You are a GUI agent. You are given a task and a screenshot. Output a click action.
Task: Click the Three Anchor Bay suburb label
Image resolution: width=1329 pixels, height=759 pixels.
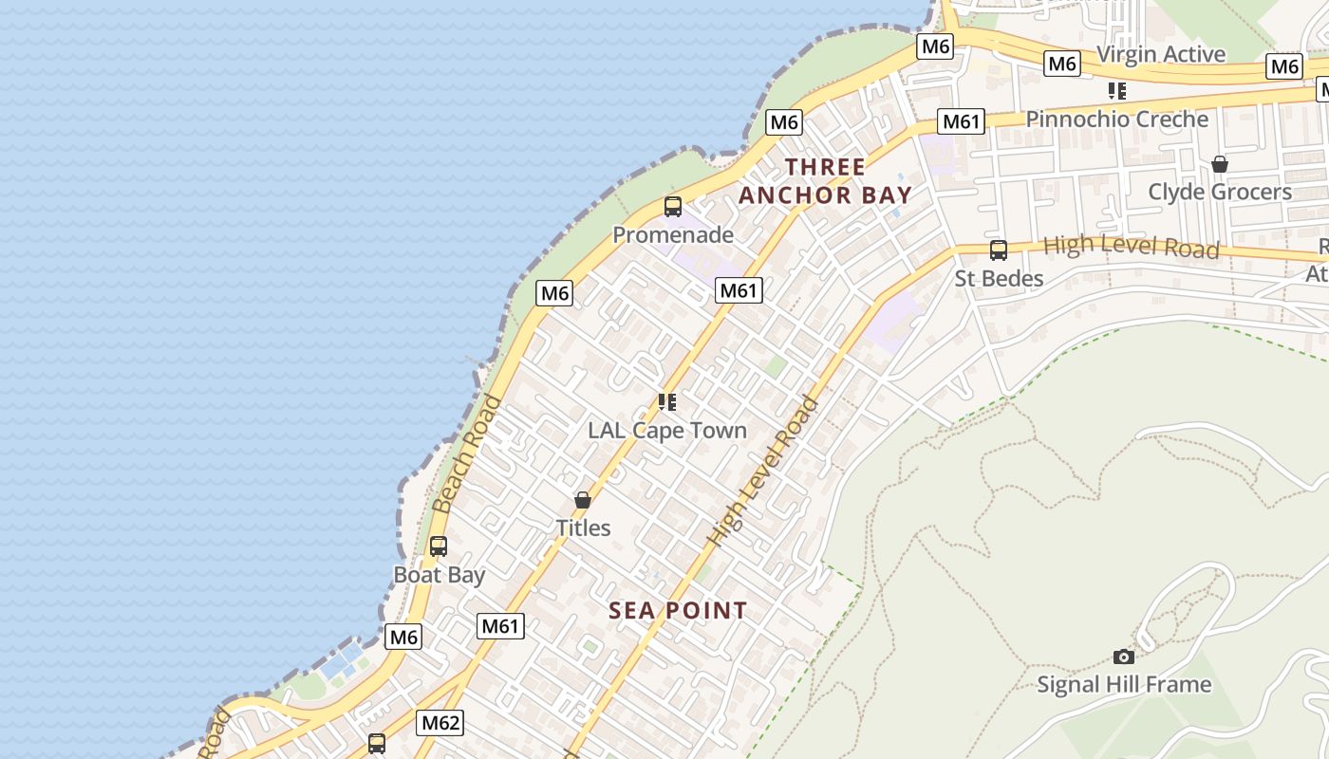tap(825, 181)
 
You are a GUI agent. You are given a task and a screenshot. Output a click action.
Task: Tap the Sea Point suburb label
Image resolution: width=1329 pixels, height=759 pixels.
tap(678, 610)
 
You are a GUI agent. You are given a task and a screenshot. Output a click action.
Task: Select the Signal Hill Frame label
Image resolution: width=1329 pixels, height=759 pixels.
tap(1124, 684)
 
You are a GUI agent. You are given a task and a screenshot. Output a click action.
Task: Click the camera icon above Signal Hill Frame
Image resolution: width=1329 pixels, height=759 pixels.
tap(1124, 657)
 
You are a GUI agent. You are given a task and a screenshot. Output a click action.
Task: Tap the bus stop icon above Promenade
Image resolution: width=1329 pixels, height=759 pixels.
tap(673, 207)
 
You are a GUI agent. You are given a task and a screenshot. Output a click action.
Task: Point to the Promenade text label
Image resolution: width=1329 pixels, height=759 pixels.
tap(673, 234)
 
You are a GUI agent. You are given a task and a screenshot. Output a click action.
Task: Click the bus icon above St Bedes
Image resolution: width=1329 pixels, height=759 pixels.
tap(999, 250)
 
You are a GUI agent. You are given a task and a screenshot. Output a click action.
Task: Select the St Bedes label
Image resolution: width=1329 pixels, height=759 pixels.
tap(999, 278)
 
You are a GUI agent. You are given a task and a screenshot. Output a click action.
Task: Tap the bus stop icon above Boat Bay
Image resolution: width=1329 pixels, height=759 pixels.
tap(438, 546)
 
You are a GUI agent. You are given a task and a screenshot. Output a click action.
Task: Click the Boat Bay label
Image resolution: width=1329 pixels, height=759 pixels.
tap(440, 575)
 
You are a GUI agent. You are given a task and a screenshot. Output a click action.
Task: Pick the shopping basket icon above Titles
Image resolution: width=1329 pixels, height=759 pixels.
tap(583, 500)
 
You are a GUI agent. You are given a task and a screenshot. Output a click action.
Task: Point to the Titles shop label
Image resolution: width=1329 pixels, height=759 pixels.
tap(583, 528)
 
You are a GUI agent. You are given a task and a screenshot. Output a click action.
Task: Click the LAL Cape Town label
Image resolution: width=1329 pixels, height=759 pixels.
tap(667, 430)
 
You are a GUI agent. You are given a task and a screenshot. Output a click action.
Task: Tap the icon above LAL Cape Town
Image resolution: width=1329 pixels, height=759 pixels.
tap(667, 402)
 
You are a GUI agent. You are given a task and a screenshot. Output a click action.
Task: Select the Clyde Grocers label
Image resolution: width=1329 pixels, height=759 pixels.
tap(1220, 192)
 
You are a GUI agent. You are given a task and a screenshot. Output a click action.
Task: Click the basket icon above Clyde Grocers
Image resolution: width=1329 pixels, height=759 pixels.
tap(1220, 164)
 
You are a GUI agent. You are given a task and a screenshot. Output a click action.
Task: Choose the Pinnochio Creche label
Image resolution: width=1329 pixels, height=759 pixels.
tap(1117, 120)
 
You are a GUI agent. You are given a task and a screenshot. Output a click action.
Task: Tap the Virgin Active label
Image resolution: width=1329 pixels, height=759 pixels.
tap(1160, 54)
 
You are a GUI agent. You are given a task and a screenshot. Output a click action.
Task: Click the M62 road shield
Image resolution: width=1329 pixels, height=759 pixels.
tap(440, 723)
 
